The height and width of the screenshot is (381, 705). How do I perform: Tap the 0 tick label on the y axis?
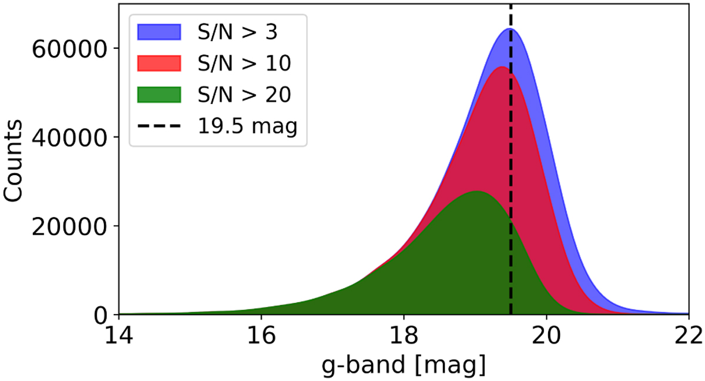pyautogui.click(x=102, y=315)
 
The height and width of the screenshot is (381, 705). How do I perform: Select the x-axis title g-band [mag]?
pyautogui.click(x=404, y=366)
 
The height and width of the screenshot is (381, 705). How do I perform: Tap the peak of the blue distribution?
pyautogui.click(x=510, y=28)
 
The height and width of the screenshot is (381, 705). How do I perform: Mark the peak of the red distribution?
pyautogui.click(x=501, y=67)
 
